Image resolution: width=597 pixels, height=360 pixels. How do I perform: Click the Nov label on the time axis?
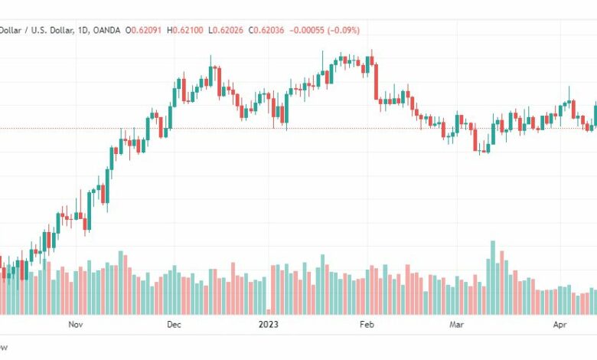pyautogui.click(x=75, y=325)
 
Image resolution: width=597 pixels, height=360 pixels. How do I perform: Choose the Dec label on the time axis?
pyautogui.click(x=174, y=325)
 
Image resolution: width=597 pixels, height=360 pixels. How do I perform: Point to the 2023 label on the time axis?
pyautogui.click(x=268, y=325)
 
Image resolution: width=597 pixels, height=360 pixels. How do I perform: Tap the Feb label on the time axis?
pyautogui.click(x=367, y=325)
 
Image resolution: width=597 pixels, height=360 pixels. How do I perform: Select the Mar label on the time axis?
pyautogui.click(x=457, y=325)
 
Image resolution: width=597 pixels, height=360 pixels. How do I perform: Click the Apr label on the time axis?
pyautogui.click(x=559, y=325)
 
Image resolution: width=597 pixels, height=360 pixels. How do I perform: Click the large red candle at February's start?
pyautogui.click(x=376, y=81)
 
